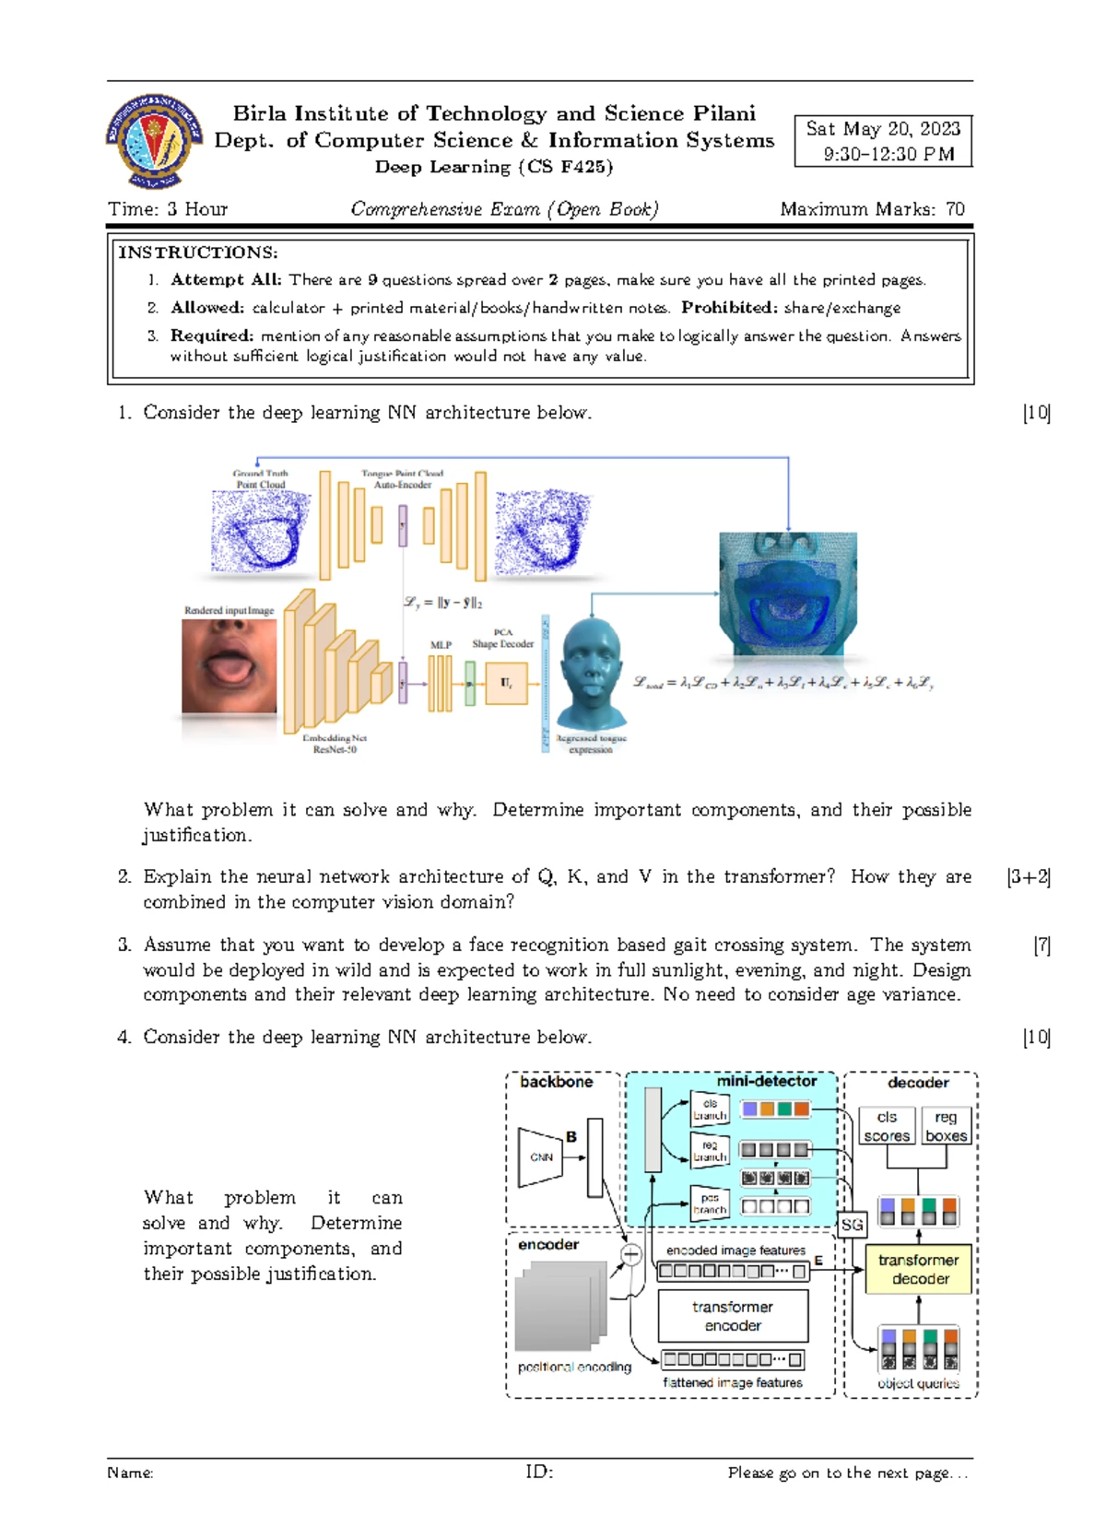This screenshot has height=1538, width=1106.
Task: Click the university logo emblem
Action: [x=154, y=141]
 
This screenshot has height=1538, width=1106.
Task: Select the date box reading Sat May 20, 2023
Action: [x=883, y=141]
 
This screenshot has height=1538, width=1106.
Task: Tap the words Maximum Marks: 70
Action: [x=872, y=209]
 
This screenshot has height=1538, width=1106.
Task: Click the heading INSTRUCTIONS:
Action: [x=197, y=252]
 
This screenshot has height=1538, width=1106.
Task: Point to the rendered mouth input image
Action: [x=229, y=666]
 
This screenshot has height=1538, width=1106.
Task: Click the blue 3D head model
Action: [x=593, y=675]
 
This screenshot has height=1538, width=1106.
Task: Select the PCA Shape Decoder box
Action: [x=506, y=683]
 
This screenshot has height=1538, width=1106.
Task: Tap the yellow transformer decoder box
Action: [x=918, y=1269]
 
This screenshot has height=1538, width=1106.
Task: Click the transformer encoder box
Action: [x=733, y=1316]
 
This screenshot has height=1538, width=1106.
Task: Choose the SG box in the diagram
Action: [x=852, y=1225]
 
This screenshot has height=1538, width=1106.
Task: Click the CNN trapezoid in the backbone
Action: [x=542, y=1156]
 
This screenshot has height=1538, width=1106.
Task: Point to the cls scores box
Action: [x=887, y=1126]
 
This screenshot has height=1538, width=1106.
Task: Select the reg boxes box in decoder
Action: [x=946, y=1126]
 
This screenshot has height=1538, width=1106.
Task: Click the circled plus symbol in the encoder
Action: [x=631, y=1254]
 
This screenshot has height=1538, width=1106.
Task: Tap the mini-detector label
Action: [x=767, y=1081]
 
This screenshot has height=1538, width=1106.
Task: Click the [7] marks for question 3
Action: [x=1041, y=945]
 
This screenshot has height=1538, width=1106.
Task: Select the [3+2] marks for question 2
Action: [x=1029, y=876]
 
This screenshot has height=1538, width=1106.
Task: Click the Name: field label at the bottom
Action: [x=130, y=1473]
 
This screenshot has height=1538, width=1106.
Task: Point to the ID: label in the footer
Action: [x=539, y=1472]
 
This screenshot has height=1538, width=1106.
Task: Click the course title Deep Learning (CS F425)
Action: [x=494, y=167]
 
